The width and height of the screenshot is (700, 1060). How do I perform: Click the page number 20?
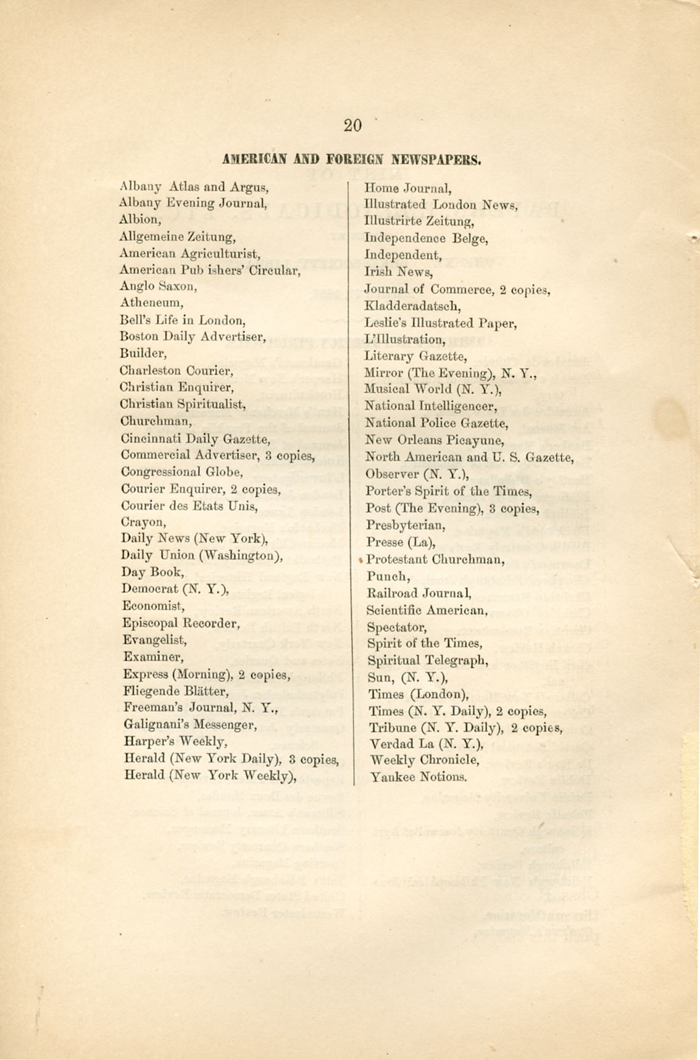[x=352, y=125]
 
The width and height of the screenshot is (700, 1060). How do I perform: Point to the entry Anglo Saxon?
[x=158, y=286]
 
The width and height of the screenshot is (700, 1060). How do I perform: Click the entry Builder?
[x=143, y=353]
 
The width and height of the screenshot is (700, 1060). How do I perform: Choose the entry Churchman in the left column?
[x=156, y=421]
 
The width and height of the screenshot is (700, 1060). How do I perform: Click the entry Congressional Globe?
[x=181, y=472]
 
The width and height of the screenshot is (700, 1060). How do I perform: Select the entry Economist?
[x=153, y=606]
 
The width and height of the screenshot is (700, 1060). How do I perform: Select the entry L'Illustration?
[x=405, y=340]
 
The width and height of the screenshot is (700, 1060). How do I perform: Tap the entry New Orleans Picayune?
[x=435, y=440]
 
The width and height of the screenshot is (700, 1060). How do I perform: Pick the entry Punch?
[x=388, y=577]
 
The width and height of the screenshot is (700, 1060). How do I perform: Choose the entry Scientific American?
[x=427, y=610]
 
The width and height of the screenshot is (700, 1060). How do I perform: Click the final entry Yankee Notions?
[x=418, y=776]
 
